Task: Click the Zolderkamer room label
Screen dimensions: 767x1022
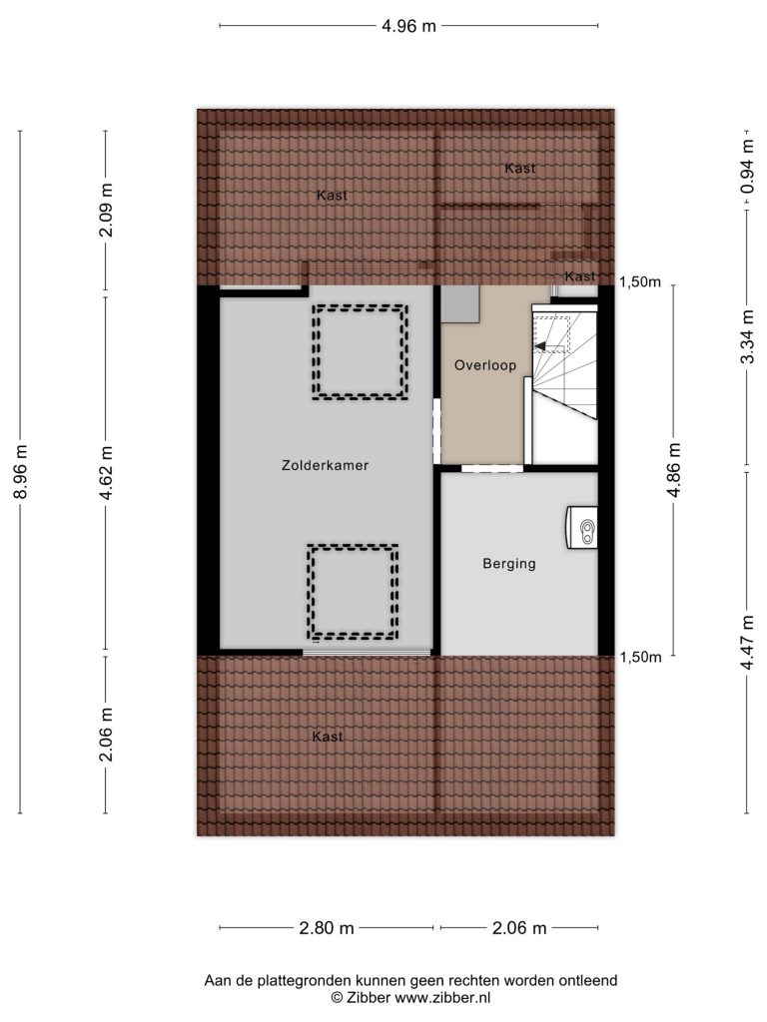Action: [325, 465]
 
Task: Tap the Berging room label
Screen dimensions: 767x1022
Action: [508, 564]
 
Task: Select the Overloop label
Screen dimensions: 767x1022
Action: [485, 365]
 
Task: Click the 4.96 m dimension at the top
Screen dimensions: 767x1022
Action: [408, 26]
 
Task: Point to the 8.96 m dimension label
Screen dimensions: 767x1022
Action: [21, 472]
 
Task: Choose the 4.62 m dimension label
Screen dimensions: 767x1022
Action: [106, 473]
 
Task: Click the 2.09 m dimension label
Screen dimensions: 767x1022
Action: [106, 210]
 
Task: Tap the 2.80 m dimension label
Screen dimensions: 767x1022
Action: [327, 928]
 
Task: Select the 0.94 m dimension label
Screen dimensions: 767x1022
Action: [747, 167]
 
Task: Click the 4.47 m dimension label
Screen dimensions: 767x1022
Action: [747, 642]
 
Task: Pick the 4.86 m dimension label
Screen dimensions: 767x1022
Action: [674, 470]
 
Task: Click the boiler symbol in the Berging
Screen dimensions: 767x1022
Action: [582, 527]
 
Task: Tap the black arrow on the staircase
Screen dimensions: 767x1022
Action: [540, 346]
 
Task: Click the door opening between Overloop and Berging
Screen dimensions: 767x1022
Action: [492, 468]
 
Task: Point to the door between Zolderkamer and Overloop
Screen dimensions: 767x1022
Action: [437, 431]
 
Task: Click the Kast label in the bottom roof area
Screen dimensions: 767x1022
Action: [328, 737]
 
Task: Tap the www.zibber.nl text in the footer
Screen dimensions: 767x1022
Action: [442, 997]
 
